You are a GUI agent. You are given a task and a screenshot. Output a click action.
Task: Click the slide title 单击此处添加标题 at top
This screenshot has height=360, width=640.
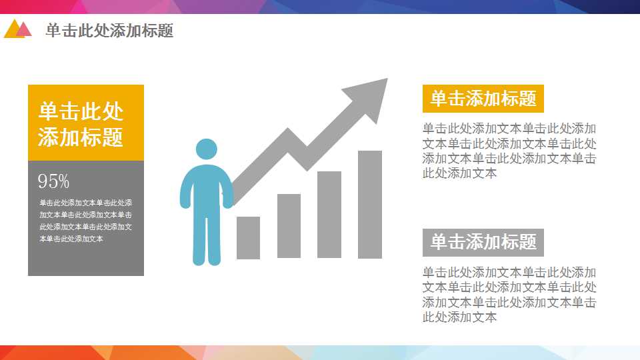[x=109, y=31]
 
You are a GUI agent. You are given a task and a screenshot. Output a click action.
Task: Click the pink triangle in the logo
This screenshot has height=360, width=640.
[x=25, y=29]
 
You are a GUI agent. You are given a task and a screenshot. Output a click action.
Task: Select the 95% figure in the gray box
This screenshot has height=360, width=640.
[x=53, y=181]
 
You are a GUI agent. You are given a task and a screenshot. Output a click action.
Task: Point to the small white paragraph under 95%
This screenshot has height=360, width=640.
[x=85, y=221]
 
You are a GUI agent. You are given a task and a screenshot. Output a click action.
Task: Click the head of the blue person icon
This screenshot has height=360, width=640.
[x=207, y=150]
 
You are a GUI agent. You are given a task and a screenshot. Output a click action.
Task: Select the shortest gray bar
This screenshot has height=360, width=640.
[x=248, y=237]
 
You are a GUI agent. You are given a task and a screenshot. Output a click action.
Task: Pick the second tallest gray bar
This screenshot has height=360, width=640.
[x=329, y=214]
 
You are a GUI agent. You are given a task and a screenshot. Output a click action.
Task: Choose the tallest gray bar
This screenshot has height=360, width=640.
[x=370, y=204]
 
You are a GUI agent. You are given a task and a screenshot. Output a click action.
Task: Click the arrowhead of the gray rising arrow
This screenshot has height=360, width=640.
[x=370, y=97]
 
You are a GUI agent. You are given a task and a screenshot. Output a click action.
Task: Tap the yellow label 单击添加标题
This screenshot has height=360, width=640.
[x=483, y=99]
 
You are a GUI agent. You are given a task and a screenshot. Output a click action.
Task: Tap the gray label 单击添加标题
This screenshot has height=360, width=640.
[x=483, y=243]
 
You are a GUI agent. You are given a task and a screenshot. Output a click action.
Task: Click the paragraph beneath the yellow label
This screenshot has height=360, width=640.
[x=509, y=151]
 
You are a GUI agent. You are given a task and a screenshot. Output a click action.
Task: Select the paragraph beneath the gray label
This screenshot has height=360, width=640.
[x=509, y=295]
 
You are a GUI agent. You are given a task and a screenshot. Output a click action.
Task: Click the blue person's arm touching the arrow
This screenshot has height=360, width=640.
[x=229, y=190]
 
